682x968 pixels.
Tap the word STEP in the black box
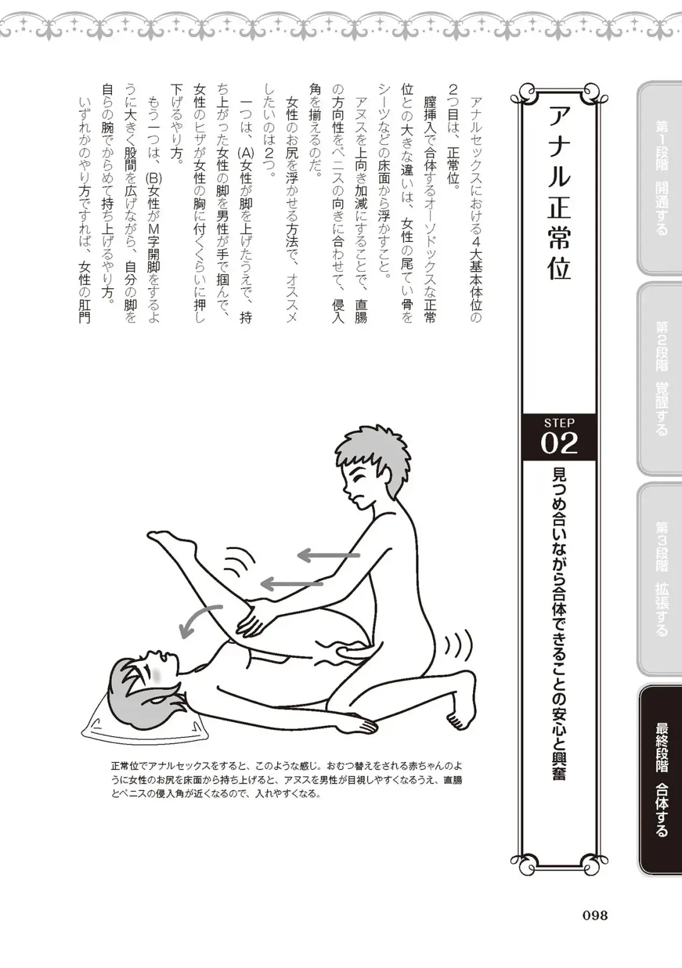559,423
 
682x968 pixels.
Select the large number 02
559,444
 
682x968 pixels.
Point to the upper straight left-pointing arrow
328,555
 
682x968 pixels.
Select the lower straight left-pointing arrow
292,583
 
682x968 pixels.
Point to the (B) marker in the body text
153,179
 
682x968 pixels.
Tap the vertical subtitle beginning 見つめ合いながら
559,622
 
